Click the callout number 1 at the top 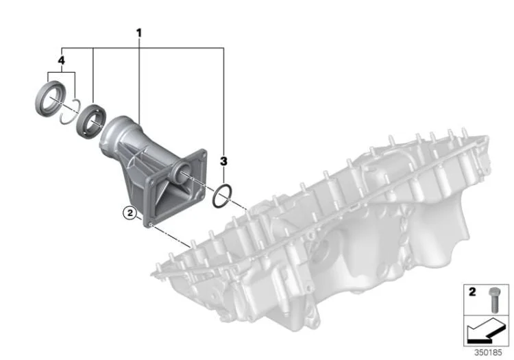tap(139, 33)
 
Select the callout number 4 tap(61, 60)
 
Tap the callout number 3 tap(223, 161)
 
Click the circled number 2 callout tap(130, 213)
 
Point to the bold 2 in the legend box tap(472, 291)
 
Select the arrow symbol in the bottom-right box tap(487, 331)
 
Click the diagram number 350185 tap(488, 352)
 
